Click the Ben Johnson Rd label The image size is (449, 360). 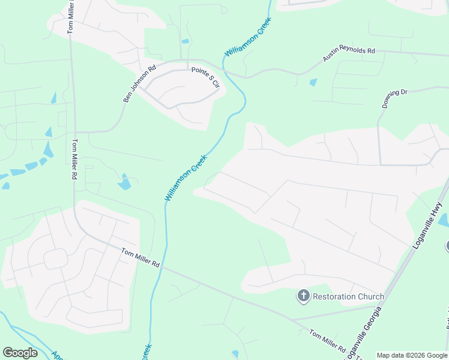(x=139, y=83)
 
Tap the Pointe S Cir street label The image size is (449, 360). (x=206, y=78)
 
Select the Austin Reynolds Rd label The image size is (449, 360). (x=349, y=55)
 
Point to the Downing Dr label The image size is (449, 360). (x=394, y=98)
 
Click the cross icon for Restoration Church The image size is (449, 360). (x=304, y=296)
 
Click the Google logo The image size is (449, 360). (x=20, y=353)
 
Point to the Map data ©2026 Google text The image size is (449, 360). (x=412, y=355)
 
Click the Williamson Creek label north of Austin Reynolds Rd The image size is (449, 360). (x=248, y=37)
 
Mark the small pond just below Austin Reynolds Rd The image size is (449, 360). (x=313, y=82)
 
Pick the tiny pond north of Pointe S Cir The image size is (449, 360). (x=185, y=41)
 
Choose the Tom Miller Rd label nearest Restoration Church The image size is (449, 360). (x=327, y=340)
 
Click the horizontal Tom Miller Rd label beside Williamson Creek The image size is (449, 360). (x=140, y=258)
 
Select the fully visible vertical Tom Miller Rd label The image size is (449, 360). (x=75, y=160)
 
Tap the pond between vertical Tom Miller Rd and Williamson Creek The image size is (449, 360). (x=124, y=182)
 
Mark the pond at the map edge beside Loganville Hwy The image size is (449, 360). (x=444, y=220)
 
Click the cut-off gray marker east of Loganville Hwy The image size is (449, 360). (x=447, y=245)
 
